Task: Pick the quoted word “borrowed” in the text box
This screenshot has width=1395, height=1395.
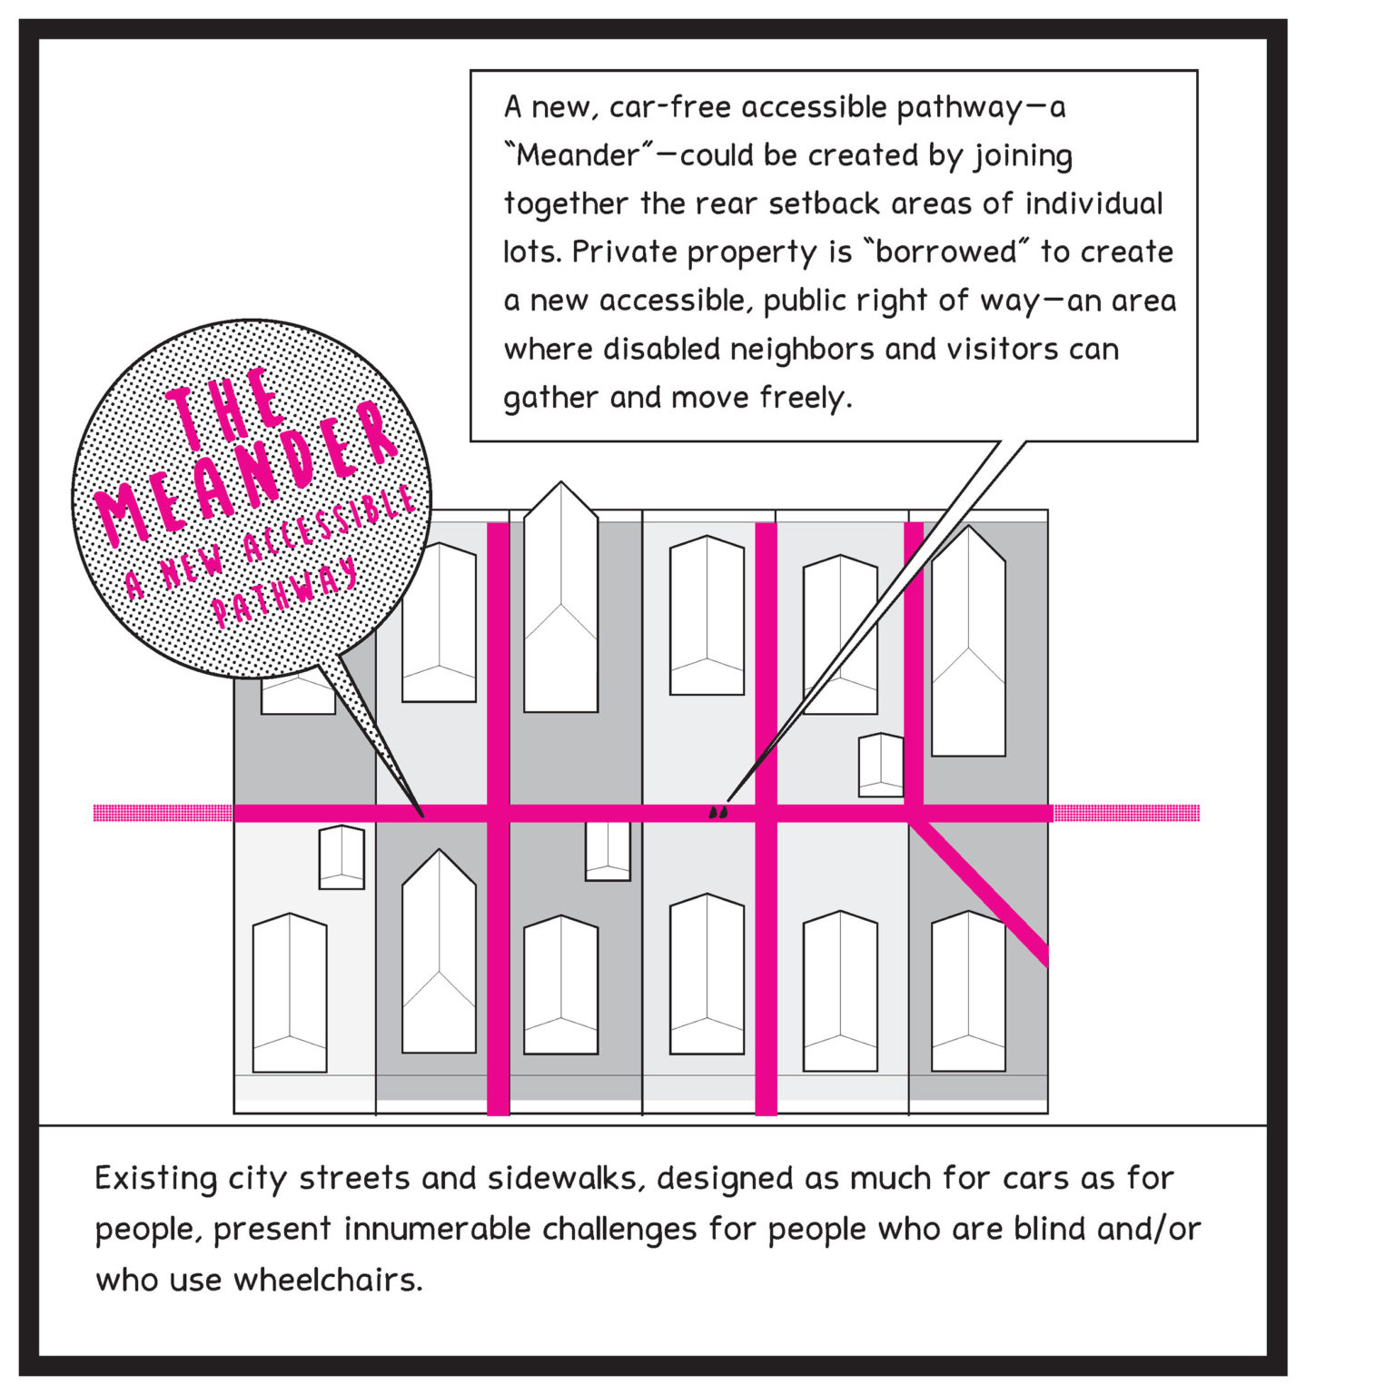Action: (947, 252)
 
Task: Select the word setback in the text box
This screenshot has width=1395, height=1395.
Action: (824, 203)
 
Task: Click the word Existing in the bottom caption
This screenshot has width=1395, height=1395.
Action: (155, 1179)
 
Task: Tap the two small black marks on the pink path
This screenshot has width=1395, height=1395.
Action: (717, 812)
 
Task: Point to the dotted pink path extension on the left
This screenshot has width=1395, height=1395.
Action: (163, 813)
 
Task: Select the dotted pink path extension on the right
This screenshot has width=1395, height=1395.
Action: (1126, 813)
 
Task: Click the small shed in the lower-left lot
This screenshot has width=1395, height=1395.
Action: (341, 857)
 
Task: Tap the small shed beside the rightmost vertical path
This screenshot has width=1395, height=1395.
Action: (881, 765)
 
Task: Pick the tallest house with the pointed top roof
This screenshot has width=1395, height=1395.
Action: (560, 599)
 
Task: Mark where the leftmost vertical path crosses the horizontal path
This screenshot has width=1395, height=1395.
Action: (499, 813)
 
